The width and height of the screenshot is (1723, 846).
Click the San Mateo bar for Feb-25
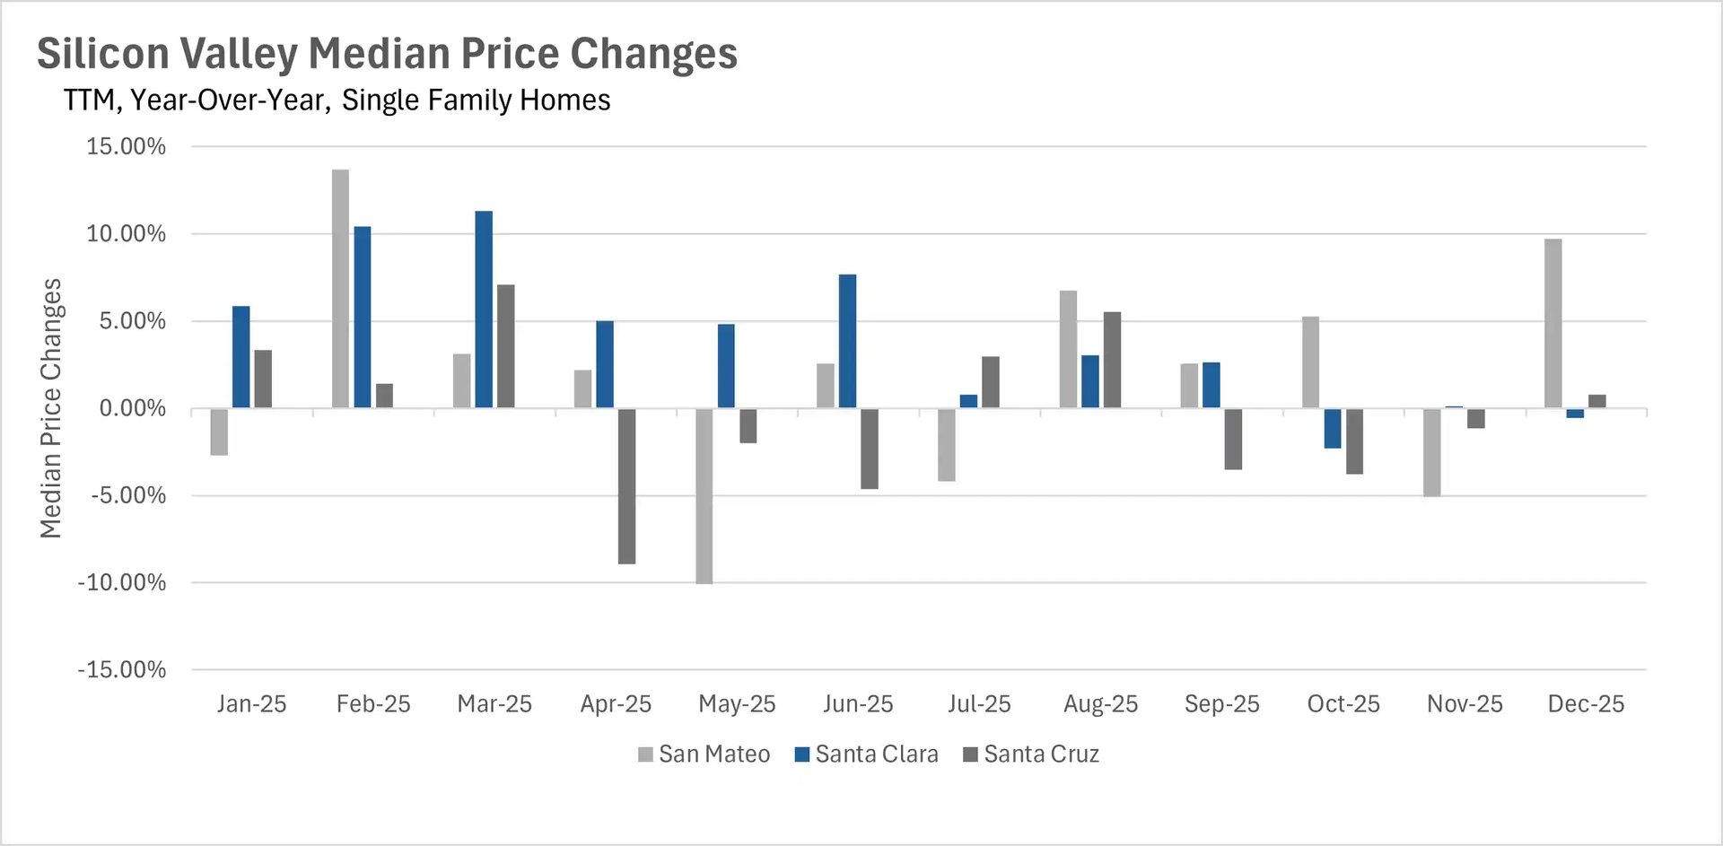pos(340,289)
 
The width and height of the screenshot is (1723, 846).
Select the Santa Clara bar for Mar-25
pos(484,310)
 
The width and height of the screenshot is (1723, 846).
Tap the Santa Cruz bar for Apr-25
pos(626,486)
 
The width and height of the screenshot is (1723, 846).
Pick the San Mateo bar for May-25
pos(704,496)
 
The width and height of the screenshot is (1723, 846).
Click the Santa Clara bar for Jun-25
pos(847,341)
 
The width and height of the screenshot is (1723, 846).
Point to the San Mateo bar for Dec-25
pos(1552,323)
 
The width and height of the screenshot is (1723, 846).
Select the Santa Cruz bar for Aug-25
pos(1112,360)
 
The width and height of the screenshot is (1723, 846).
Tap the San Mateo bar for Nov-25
pos(1431,452)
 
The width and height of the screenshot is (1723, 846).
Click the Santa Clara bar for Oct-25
pos(1333,429)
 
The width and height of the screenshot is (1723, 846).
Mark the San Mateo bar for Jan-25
pos(219,432)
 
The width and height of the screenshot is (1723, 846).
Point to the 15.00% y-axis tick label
pos(126,146)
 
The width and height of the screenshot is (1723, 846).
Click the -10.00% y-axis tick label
pos(122,583)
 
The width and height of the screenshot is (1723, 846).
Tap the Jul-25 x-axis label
pos(979,704)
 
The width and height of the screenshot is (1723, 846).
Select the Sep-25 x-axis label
pos(1221,704)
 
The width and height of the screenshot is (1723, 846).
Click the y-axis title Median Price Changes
pos(51,408)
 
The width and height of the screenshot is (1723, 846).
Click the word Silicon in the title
pos(103,54)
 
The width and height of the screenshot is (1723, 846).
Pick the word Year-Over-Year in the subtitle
pos(230,100)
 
